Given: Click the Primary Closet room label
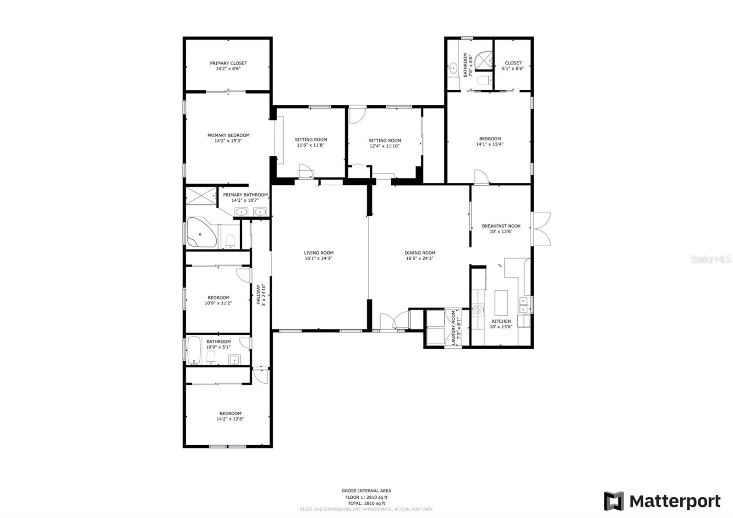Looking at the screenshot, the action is pyautogui.click(x=229, y=63).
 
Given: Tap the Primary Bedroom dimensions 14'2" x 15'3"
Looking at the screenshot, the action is pyautogui.click(x=228, y=141).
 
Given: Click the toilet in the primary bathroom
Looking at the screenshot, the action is pyautogui.click(x=231, y=241).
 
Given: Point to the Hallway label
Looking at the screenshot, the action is pyautogui.click(x=258, y=295).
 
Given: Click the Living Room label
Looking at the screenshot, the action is pyautogui.click(x=319, y=253).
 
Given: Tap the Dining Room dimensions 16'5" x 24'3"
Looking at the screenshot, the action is pyautogui.click(x=420, y=259).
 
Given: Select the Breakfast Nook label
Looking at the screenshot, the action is pyautogui.click(x=501, y=226).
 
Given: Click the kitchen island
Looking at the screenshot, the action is pyautogui.click(x=501, y=303).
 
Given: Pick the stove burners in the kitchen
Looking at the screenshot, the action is pyautogui.click(x=477, y=310).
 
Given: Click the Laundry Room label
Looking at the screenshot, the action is pyautogui.click(x=454, y=327).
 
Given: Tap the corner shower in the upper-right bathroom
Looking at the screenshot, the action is pyautogui.click(x=484, y=61).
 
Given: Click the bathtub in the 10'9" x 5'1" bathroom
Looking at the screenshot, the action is pyautogui.click(x=194, y=350).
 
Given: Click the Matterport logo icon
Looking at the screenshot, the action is pyautogui.click(x=614, y=501).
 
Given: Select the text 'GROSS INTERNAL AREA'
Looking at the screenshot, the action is pyautogui.click(x=366, y=491).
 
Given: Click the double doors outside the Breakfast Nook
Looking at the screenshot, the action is pyautogui.click(x=541, y=229).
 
